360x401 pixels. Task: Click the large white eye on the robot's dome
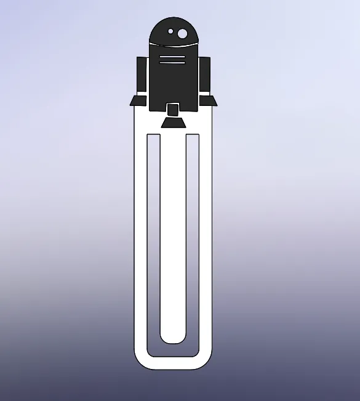click(x=183, y=33)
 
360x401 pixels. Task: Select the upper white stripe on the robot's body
click(x=172, y=57)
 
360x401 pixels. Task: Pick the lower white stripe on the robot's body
click(x=172, y=62)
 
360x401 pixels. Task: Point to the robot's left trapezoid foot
click(x=137, y=101)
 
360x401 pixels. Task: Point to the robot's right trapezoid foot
click(x=209, y=101)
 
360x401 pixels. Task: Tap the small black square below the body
click(x=173, y=110)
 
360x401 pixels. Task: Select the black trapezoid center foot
click(x=173, y=123)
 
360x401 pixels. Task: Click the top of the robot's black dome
click(x=173, y=19)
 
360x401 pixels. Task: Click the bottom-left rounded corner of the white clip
click(x=139, y=363)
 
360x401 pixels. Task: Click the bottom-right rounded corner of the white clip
click(x=207, y=363)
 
